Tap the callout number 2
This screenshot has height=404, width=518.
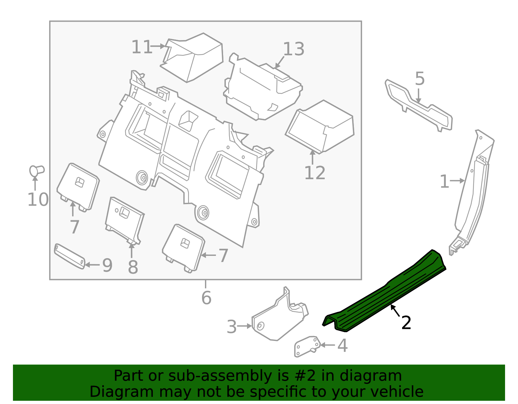click(406, 323)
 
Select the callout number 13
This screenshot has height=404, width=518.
click(294, 49)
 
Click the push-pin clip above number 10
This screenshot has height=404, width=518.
click(36, 171)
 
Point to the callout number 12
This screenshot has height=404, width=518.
click(315, 173)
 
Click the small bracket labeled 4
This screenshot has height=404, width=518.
click(306, 346)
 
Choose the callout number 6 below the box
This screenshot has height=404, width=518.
click(206, 298)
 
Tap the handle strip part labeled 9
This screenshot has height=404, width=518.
click(69, 256)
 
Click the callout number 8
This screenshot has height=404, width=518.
click(133, 268)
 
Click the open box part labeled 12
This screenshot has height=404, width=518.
click(321, 126)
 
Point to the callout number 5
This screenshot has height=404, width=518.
click(420, 79)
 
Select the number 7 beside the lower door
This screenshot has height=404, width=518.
click(223, 256)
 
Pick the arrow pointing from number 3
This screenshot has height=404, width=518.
click(245, 326)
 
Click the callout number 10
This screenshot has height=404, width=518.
click(38, 200)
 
